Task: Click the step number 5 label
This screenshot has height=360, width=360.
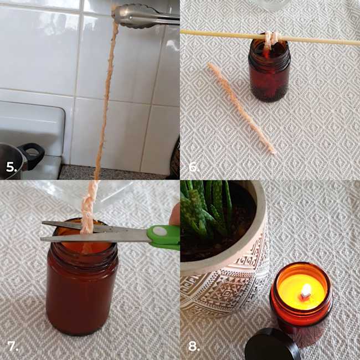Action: [12, 167]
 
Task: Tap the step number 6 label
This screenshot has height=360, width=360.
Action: [194, 167]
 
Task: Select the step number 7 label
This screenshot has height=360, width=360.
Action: [13, 346]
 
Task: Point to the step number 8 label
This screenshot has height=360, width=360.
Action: [194, 346]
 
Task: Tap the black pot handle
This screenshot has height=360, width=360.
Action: [32, 155]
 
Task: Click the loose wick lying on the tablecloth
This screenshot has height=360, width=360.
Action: [241, 108]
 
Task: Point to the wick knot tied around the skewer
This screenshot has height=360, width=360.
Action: [271, 38]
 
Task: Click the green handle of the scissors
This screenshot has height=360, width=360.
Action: [164, 238]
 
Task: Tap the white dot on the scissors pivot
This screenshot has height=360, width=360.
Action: [160, 231]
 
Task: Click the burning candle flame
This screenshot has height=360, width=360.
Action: [306, 290]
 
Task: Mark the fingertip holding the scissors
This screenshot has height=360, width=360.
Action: [175, 215]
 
